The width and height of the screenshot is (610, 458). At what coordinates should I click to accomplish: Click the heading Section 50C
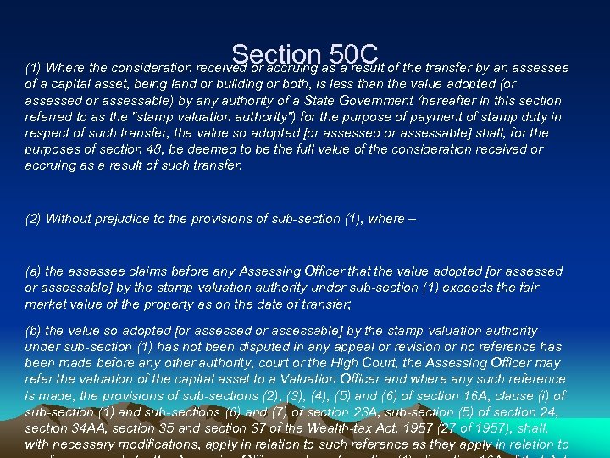coord(308,55)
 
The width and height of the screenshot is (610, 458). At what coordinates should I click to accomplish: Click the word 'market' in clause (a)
coord(46,304)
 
